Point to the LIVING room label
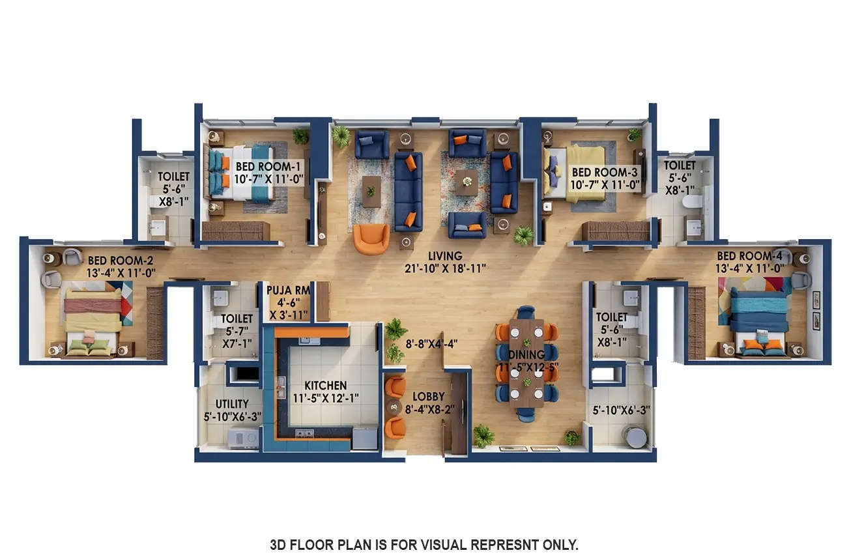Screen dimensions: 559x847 tap(445, 256)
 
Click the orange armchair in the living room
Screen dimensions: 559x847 tap(371, 239)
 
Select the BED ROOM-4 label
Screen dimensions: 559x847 tap(754, 255)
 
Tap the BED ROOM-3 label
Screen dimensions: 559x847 tap(604, 172)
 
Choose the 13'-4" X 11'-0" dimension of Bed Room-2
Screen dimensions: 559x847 tap(121, 273)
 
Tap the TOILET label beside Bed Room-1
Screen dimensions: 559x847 tap(173, 177)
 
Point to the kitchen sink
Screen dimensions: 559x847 tap(281, 388)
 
